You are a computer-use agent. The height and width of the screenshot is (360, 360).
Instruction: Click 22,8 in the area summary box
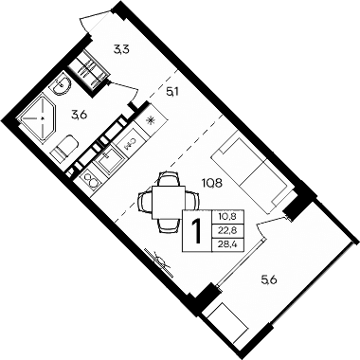point(227,229)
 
